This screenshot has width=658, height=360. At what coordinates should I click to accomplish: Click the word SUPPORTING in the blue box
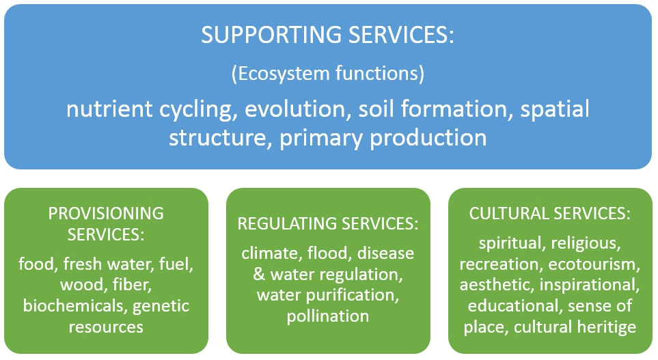256,36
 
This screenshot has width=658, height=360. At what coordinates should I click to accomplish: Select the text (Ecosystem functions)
328,74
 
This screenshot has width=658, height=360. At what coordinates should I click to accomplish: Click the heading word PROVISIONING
106,213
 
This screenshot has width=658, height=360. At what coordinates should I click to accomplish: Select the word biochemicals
73,306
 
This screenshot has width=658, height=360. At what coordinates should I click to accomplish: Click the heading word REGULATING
288,224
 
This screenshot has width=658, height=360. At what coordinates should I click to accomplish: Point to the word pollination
328,316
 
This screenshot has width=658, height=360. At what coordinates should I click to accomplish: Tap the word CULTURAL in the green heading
502,213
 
